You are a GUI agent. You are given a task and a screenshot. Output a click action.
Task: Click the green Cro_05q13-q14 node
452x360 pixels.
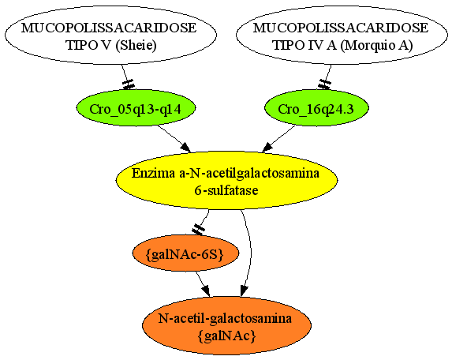click(x=136, y=108)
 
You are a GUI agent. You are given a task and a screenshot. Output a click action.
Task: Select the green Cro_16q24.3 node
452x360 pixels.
click(x=316, y=108)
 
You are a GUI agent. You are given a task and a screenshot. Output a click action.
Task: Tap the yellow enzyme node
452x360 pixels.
click(x=227, y=180)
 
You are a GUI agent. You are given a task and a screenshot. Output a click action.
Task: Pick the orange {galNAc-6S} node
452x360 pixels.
click(x=185, y=253)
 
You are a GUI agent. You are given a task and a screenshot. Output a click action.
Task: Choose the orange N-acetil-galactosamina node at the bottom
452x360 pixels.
click(x=227, y=326)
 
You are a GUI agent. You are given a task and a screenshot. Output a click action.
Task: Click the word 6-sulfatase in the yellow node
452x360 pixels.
click(x=226, y=190)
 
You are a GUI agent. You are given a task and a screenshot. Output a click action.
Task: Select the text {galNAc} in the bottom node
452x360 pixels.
click(x=227, y=336)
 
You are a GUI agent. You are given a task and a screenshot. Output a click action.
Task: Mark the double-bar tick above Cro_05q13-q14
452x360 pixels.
click(x=129, y=84)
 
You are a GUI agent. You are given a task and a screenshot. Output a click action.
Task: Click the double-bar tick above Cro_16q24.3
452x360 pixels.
click(x=324, y=84)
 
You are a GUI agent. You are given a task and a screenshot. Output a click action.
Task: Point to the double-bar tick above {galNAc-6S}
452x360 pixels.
click(x=198, y=230)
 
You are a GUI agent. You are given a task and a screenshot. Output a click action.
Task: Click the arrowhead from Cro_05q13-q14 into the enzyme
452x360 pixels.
click(x=186, y=148)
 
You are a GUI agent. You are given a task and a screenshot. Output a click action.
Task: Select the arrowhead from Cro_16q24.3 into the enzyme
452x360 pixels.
click(x=267, y=148)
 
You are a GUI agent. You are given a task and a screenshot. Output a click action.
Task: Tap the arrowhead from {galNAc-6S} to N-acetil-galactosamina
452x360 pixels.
click(x=206, y=291)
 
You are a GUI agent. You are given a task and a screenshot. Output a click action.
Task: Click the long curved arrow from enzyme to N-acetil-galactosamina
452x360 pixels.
click(x=249, y=251)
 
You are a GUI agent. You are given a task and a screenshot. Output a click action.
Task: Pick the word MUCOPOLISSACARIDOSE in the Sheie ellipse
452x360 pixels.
click(x=109, y=28)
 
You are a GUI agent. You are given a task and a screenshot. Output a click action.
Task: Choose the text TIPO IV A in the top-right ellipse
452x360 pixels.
click(x=304, y=45)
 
